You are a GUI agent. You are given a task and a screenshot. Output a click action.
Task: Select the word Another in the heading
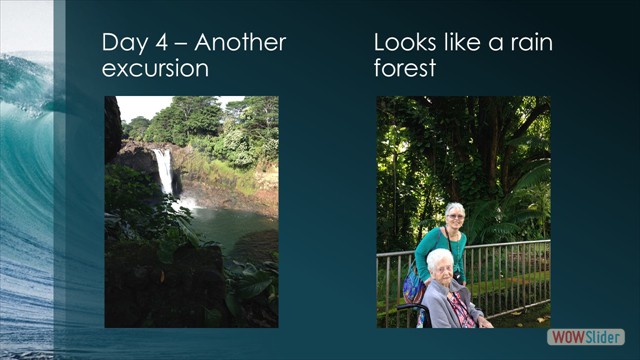click(241, 43)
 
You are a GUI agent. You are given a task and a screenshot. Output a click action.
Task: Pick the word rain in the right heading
click(529, 43)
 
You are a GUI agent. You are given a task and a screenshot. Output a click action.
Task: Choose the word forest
click(406, 70)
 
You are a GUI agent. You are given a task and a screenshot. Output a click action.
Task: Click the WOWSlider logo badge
click(586, 337)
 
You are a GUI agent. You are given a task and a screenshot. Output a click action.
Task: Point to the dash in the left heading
click(183, 44)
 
